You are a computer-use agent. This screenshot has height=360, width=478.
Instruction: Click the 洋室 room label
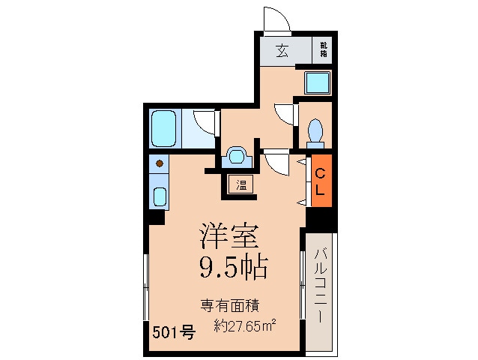tap(229, 236)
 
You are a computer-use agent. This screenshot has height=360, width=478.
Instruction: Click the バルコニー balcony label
tap(319, 285)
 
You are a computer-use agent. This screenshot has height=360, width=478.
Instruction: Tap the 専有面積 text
tap(229, 305)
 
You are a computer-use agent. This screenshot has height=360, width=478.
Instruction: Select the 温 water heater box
tap(241, 184)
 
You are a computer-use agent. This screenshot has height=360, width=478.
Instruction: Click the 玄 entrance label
tap(282, 52)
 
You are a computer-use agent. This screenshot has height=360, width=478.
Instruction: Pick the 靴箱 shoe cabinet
tap(324, 52)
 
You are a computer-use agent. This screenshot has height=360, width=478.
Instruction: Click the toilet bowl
tap(315, 132)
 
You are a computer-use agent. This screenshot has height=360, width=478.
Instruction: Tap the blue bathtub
tap(163, 128)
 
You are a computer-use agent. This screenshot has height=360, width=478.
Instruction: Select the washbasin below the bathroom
tap(237, 156)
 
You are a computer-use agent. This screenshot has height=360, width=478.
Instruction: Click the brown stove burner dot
tap(159, 162)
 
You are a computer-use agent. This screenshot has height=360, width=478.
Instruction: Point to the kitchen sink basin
tap(159, 197)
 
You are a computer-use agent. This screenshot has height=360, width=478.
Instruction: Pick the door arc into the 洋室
tap(276, 162)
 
